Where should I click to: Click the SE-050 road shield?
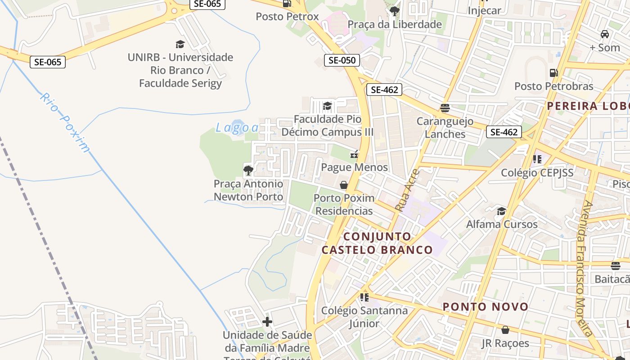pos(342,60)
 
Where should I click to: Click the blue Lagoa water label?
pos(237,127)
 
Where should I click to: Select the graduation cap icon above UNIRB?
pos(180,44)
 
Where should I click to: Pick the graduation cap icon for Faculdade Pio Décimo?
pos(327,106)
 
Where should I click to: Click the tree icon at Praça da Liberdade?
pos(395,11)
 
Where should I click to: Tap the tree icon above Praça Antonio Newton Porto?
pos(248,170)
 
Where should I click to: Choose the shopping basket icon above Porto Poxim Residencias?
pos(344,185)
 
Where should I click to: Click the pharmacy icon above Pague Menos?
pos(354,154)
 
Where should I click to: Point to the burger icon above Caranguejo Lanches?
pos(445,108)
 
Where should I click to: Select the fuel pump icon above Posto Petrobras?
pos(553,73)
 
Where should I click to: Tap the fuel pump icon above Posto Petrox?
pos(287,4)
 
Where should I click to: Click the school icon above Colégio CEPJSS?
pos(537,159)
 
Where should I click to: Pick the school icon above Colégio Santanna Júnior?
pos(364,297)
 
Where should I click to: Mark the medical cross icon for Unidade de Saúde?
pos(267,322)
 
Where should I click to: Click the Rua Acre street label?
pos(407,190)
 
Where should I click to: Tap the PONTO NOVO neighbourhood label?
pos(486,307)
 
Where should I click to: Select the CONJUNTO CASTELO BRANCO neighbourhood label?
pos(377,243)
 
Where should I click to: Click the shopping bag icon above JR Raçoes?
pos(505,330)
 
